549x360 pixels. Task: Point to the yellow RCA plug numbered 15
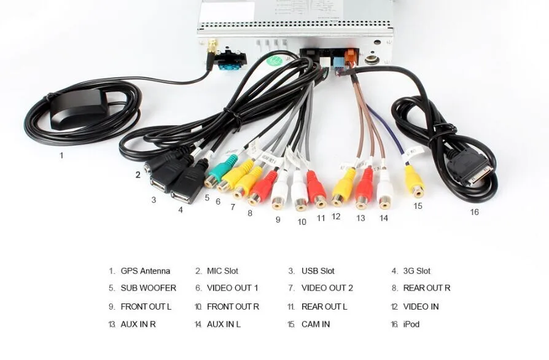pyautogui.click(x=415, y=182)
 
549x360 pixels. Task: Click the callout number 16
pyautogui.click(x=474, y=213)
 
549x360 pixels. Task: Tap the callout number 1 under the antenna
pyautogui.click(x=61, y=155)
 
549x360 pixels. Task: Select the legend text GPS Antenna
pyautogui.click(x=145, y=271)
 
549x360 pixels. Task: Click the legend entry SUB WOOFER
pyautogui.click(x=148, y=288)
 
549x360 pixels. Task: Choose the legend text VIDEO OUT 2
pyautogui.click(x=327, y=288)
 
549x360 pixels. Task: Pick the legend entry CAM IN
pyautogui.click(x=316, y=324)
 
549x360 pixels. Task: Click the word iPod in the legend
pyautogui.click(x=411, y=324)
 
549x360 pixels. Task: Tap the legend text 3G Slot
pyautogui.click(x=416, y=271)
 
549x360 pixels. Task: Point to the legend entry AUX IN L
pyautogui.click(x=224, y=324)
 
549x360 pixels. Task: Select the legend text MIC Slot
pyautogui.click(x=222, y=271)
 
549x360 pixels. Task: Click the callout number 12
pyautogui.click(x=336, y=216)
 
